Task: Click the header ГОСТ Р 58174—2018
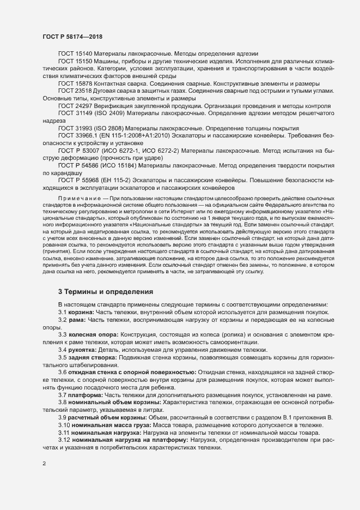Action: click(x=72, y=36)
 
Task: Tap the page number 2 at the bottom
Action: click(x=44, y=465)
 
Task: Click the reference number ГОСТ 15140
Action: click(x=75, y=55)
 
